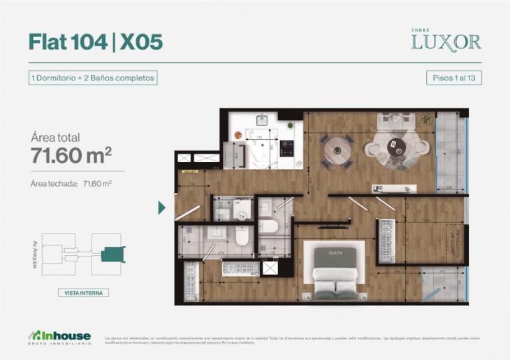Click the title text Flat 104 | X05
(96, 42)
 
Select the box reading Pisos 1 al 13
(453, 78)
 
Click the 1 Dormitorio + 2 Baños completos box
(92, 78)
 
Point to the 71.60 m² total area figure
(71, 156)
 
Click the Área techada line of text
(71, 184)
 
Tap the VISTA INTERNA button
(83, 293)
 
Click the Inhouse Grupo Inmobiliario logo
(59, 336)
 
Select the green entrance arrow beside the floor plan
(162, 208)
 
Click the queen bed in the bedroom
(335, 273)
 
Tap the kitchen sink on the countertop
(262, 120)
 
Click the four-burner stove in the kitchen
(287, 148)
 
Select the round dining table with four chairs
(337, 150)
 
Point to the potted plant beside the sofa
(425, 120)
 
